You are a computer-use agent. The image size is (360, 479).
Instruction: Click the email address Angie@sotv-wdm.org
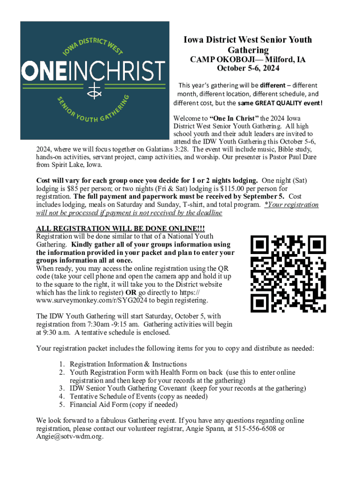click(x=70, y=436)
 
